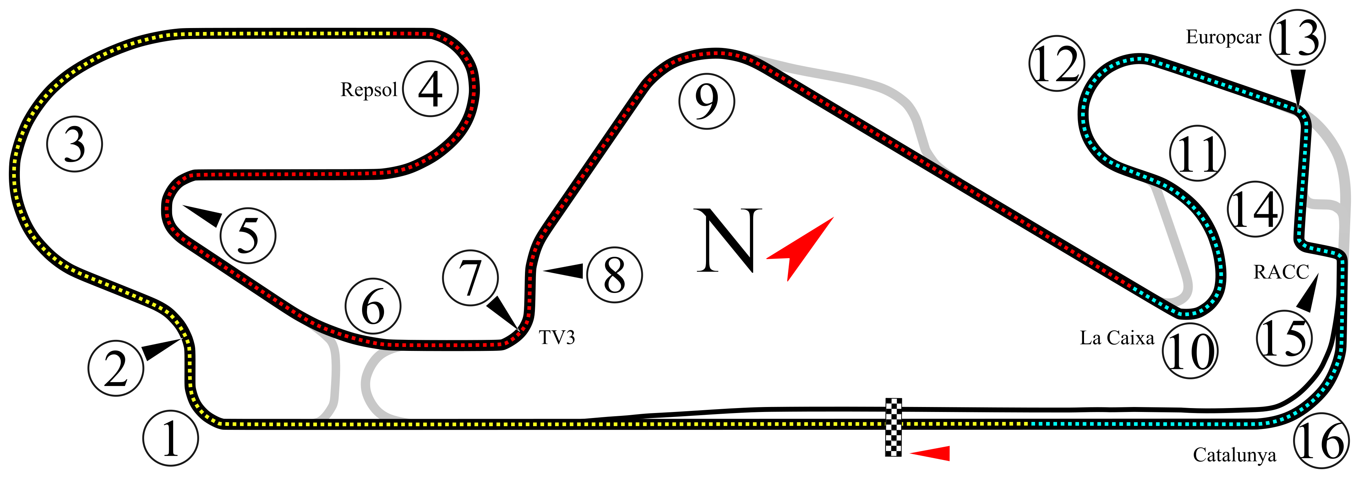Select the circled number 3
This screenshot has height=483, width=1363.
pos(74,144)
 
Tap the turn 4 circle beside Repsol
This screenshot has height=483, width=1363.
pos(430,89)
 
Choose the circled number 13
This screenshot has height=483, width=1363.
pos(1297,37)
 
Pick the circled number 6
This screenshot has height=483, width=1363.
pos(373,306)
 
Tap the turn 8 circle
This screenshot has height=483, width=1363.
pos(614,275)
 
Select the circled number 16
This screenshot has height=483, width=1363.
pos(1321,441)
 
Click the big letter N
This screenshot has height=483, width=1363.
pos(728,240)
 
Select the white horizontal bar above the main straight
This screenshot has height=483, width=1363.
pos(1092,415)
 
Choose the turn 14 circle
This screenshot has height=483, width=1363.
pos(1254,209)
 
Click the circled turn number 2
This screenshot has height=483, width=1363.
pos(115,368)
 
